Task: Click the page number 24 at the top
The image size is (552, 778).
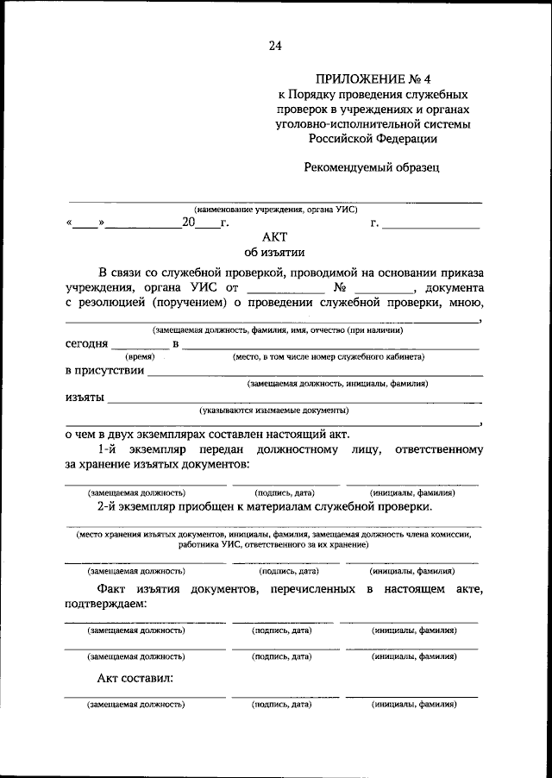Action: [275, 45]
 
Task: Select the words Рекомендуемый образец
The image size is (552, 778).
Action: [372, 167]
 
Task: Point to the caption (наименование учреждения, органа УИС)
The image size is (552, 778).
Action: [275, 209]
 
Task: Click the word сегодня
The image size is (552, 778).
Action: [86, 344]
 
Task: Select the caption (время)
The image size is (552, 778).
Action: [140, 356]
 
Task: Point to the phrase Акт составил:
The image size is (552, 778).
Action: [135, 678]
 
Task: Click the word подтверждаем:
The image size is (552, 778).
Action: [105, 604]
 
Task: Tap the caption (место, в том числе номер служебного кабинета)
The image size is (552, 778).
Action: [328, 356]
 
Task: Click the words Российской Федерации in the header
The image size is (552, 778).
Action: [373, 137]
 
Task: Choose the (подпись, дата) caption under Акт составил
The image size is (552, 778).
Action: [281, 705]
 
